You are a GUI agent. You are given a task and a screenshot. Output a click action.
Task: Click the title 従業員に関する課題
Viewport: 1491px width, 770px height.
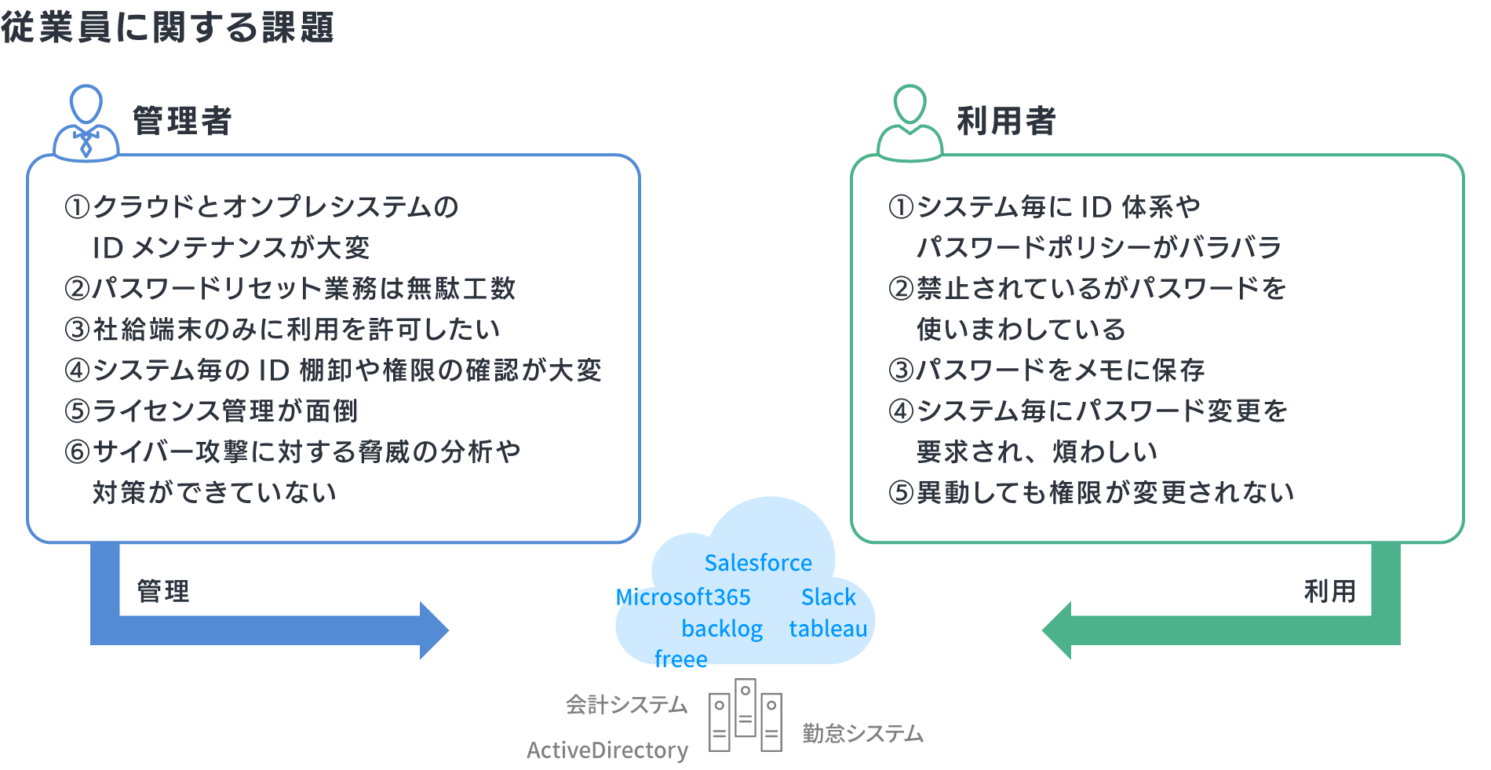[x=167, y=27]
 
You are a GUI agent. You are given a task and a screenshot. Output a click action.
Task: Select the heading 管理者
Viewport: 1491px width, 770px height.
[x=182, y=121]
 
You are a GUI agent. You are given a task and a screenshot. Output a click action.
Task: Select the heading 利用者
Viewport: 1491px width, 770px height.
[x=1006, y=121]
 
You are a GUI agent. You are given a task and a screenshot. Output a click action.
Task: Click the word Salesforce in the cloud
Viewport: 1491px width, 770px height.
[x=758, y=563]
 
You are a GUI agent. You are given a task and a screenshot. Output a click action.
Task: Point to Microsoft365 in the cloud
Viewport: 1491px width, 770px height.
[x=683, y=597]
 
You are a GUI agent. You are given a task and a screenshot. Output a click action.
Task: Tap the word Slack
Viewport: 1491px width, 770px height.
[x=828, y=597]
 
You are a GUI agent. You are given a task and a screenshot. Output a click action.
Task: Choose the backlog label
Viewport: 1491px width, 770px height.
[x=722, y=629]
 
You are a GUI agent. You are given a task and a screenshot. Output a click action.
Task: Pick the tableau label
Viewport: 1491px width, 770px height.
[x=828, y=629]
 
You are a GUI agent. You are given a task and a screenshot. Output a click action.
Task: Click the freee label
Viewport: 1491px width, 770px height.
[x=680, y=659]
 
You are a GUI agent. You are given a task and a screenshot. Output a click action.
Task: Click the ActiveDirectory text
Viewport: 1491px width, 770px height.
[x=607, y=750]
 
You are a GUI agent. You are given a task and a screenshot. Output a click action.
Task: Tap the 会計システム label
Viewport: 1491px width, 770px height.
[x=626, y=705]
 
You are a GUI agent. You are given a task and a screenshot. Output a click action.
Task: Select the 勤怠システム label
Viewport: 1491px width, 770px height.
[x=862, y=734]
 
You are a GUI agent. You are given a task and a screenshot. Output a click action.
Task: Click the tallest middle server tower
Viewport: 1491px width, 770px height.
[x=745, y=708]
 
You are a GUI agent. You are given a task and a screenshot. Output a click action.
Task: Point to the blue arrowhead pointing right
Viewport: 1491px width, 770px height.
[x=433, y=630]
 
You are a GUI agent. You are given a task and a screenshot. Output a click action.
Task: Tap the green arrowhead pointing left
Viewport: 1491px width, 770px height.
[x=1057, y=630]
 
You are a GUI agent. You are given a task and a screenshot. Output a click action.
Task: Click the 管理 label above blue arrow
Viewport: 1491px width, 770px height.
[x=163, y=591]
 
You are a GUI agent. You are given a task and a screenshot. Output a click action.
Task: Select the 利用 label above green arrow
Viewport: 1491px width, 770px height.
[x=1329, y=591]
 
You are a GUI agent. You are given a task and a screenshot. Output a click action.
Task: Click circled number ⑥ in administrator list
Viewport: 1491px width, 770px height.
[x=78, y=452]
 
